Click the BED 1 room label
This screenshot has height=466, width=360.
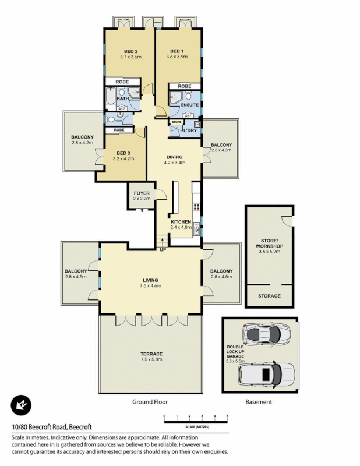pos(177,50)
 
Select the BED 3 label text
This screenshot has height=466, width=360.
pos(122,153)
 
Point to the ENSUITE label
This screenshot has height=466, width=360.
pos(190,105)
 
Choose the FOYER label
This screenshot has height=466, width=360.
pos(142,193)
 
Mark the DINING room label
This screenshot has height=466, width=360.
pos(175,157)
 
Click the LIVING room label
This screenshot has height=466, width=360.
pos(150,280)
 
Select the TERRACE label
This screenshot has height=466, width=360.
pos(151,354)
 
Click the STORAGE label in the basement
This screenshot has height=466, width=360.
pos(269,296)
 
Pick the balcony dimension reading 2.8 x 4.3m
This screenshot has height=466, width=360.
pos(221,150)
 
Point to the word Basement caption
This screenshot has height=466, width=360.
pos(259,402)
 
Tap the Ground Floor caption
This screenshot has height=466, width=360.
pos(150,402)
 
